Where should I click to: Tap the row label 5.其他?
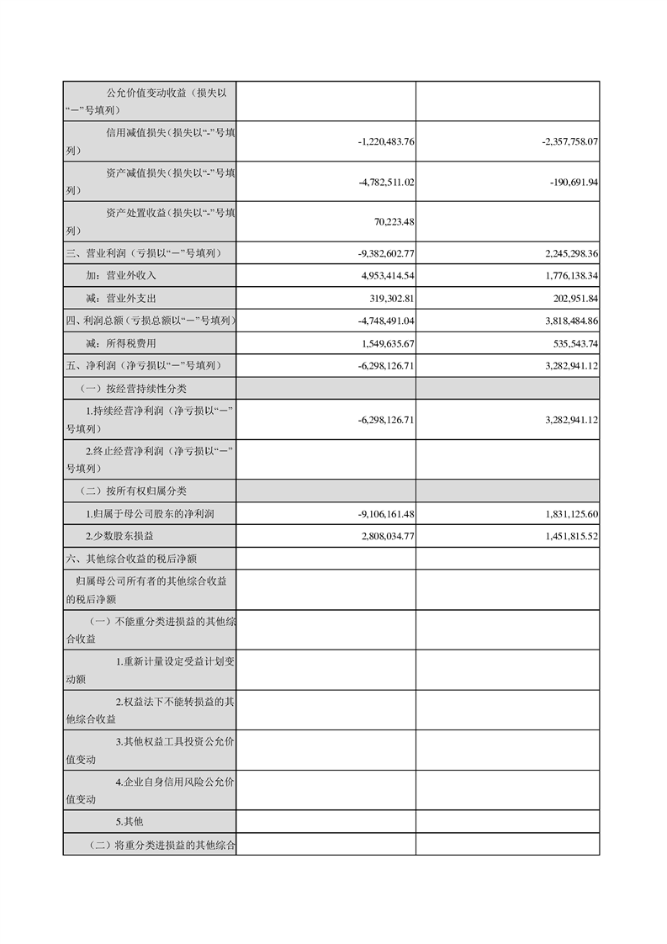click(130, 821)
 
